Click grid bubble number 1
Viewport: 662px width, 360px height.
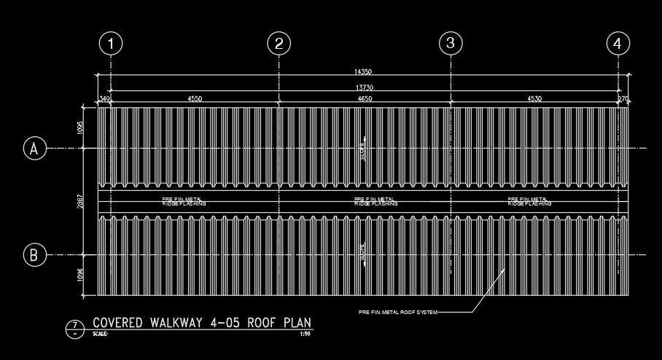point(111,44)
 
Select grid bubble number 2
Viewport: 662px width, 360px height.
point(279,44)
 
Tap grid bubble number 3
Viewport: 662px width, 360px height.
point(451,43)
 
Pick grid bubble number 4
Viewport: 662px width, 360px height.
point(618,44)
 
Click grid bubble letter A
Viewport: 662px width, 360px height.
point(34,149)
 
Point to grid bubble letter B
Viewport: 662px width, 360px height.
point(34,255)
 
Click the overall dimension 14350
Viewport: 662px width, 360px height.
point(363,71)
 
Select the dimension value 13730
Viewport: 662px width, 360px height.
point(363,87)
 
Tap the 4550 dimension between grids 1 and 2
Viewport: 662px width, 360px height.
point(195,98)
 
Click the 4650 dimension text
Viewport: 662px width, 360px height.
point(365,98)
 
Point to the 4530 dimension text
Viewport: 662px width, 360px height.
point(534,98)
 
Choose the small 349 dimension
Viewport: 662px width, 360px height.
point(103,98)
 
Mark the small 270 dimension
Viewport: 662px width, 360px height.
point(623,98)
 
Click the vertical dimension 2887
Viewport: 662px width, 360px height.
point(81,202)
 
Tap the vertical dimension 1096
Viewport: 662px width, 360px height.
point(81,275)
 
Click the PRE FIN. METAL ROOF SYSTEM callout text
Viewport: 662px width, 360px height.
point(398,312)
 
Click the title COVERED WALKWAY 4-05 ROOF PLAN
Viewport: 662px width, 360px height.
point(203,323)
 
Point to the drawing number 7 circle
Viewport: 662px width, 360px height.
point(74,327)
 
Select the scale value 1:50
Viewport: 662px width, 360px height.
point(305,334)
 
